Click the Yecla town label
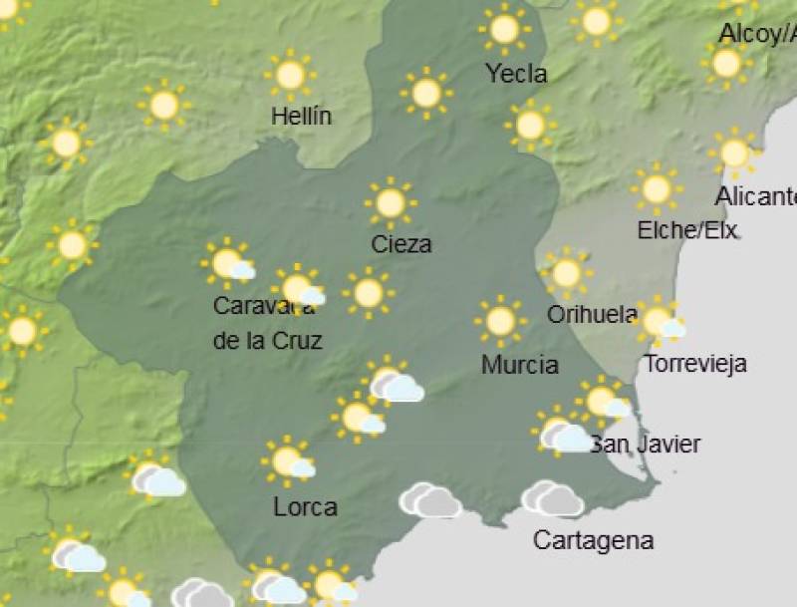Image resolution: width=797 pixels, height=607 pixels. coord(516,74)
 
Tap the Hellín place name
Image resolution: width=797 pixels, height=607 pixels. coord(301,117)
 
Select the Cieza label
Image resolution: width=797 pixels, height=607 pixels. coord(400,244)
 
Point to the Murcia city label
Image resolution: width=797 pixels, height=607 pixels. coord(519,365)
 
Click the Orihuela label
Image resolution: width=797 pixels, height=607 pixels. coord(592,315)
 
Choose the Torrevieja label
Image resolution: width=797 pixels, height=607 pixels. coord(695,364)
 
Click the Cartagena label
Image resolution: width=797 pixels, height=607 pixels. coord(593,541)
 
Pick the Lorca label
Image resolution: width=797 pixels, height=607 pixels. coord(305,507)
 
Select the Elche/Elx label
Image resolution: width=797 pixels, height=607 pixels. coord(687,231)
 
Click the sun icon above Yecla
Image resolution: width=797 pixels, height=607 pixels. coord(505,29)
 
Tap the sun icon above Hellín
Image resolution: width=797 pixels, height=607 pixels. coord(290,74)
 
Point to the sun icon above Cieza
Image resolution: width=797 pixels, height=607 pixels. coord(391,202)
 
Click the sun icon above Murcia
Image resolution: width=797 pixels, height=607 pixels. coord(500,321)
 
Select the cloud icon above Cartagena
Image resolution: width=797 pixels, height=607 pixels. coord(552,498)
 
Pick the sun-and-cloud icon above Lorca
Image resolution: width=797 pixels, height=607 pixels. coord(289,461)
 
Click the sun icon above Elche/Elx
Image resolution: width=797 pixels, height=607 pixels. coord(657,188)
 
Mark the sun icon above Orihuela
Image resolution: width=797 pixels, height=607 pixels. coord(566,273)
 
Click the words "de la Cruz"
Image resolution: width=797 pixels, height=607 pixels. coord(267,340)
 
